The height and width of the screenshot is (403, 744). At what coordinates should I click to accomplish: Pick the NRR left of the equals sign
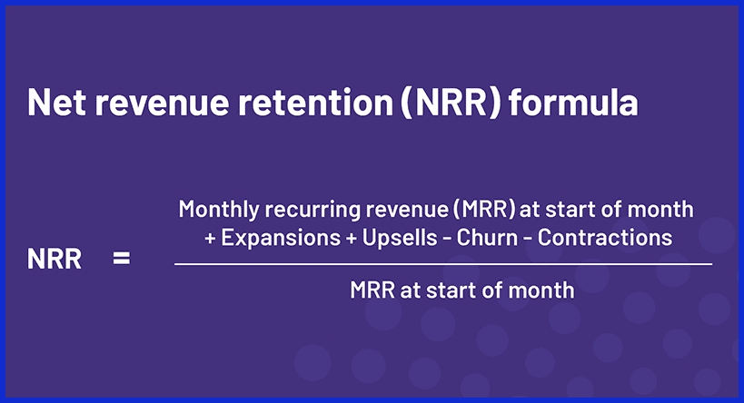(55, 260)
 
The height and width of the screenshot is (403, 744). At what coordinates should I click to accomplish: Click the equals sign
(121, 260)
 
